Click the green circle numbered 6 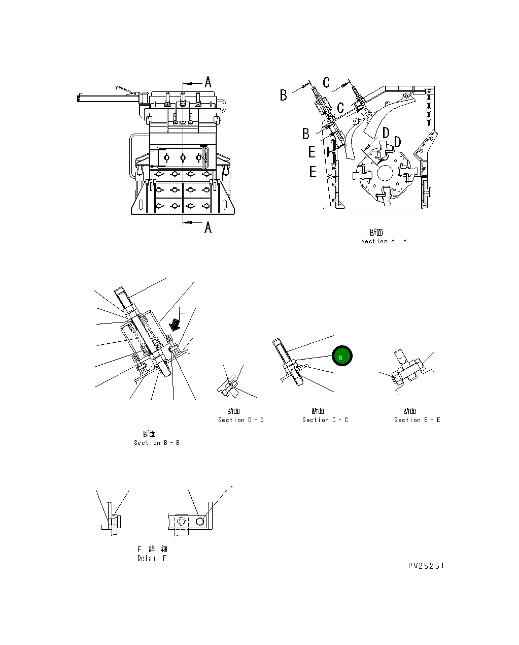(341, 357)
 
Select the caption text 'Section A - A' (384, 241)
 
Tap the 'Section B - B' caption (156, 443)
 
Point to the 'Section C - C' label (325, 420)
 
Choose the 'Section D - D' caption (240, 420)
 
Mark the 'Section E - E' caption (417, 420)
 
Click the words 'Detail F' (152, 558)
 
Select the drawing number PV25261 (426, 566)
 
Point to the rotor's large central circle (386, 173)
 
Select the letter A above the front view (207, 82)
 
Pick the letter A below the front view (207, 228)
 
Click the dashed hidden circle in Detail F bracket (181, 522)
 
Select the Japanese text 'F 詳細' (152, 549)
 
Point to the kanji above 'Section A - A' (376, 233)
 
